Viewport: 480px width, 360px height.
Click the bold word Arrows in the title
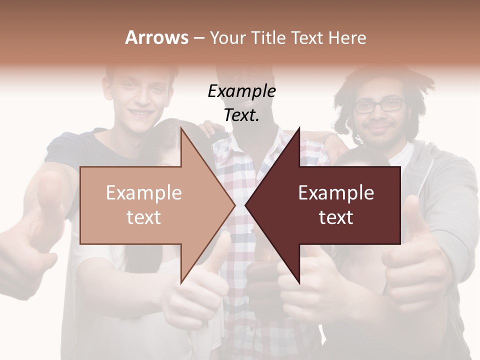156,37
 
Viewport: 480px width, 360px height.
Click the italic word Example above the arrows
241,91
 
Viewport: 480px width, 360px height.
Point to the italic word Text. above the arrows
241,115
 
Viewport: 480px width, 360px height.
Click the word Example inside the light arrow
143,193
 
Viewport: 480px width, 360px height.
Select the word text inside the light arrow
143,217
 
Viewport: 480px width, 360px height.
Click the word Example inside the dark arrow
336,193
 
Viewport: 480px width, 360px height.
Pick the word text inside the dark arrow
336,217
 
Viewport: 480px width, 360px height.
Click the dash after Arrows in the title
198,37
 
